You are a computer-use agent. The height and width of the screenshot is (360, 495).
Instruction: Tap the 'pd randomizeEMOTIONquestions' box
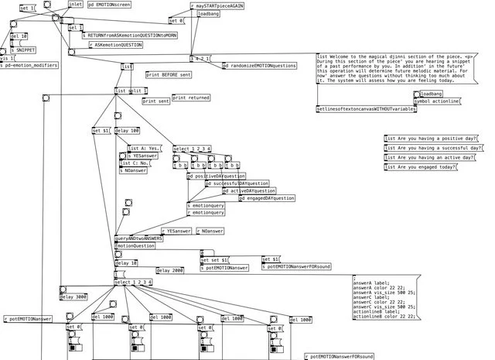pyautogui.click(x=260, y=66)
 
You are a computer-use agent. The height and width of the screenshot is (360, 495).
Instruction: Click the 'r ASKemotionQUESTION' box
pyautogui.click(x=116, y=45)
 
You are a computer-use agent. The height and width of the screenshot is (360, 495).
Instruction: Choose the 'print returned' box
pyautogui.click(x=191, y=98)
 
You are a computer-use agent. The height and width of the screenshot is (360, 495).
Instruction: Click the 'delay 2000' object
pyautogui.click(x=170, y=271)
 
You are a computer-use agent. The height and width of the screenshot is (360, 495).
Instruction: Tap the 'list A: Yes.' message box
pyautogui.click(x=144, y=148)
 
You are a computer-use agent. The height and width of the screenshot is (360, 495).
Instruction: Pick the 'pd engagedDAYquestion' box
pyautogui.click(x=267, y=198)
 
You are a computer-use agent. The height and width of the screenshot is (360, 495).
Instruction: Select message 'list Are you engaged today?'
pyautogui.click(x=421, y=166)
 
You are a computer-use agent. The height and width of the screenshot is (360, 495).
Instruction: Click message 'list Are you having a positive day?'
pyautogui.click(x=431, y=139)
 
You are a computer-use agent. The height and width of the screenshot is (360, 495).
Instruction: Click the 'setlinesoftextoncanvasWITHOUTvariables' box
pyautogui.click(x=367, y=109)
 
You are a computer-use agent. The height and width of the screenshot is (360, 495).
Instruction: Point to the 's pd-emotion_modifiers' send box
pyautogui.click(x=29, y=66)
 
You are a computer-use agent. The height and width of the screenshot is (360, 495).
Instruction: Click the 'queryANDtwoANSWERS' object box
pyautogui.click(x=139, y=238)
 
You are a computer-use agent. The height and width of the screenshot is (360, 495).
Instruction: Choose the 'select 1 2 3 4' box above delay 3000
pyautogui.click(x=133, y=282)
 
